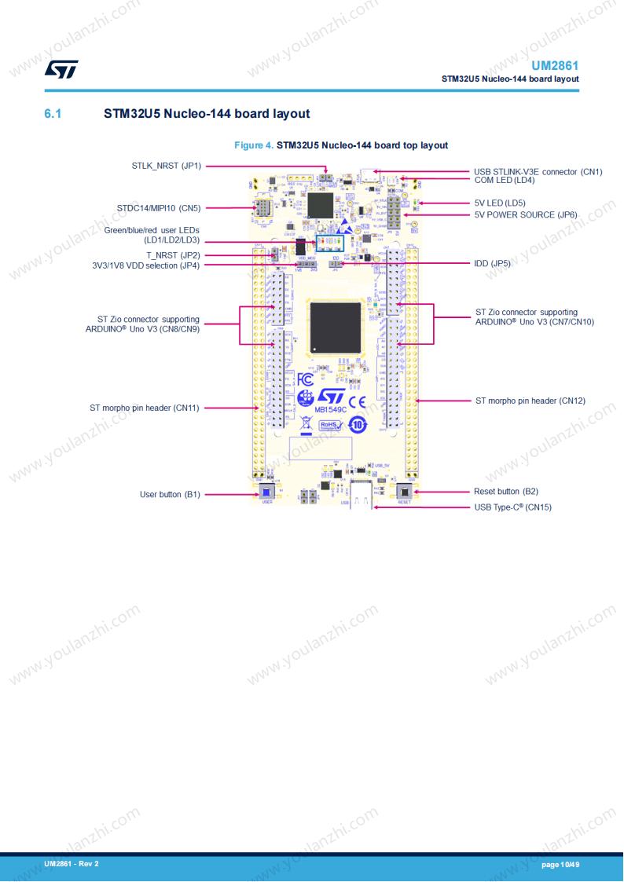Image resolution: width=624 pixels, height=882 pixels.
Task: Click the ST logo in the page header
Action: pos(61,70)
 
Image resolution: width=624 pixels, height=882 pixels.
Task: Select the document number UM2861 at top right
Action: pos(555,66)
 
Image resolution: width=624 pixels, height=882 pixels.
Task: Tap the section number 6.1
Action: pos(53,114)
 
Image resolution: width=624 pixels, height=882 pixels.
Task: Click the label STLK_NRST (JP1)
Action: pos(167,167)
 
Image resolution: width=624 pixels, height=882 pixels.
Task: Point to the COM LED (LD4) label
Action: pos(505,180)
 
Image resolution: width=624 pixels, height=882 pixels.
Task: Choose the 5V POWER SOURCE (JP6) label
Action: pos(526,214)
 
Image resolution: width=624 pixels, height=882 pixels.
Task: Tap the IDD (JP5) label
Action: pos(493,264)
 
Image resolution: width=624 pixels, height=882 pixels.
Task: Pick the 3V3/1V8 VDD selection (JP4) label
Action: pos(146,265)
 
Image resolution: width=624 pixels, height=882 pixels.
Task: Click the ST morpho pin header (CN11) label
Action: pos(145,408)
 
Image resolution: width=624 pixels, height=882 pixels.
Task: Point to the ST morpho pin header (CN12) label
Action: pos(530,401)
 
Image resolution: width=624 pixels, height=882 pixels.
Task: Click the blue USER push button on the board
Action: pos(266,493)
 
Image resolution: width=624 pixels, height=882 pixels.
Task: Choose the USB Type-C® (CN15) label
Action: pos(513,507)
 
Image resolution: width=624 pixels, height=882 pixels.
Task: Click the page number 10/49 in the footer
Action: pos(560,865)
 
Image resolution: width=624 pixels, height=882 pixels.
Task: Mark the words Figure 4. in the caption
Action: pos(255,145)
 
